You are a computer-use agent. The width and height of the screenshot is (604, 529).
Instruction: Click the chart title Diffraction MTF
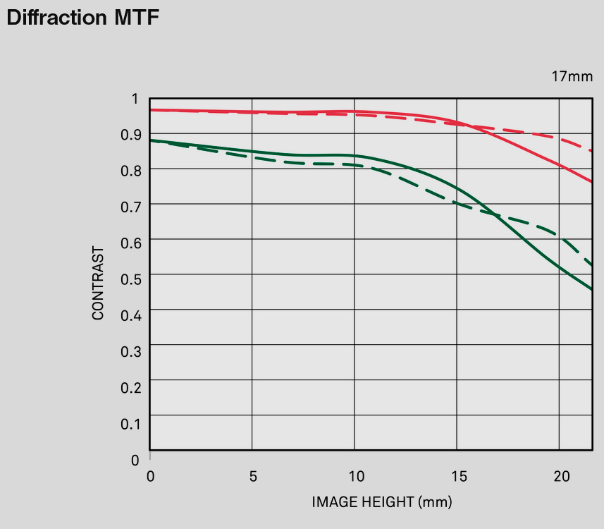pyautogui.click(x=83, y=18)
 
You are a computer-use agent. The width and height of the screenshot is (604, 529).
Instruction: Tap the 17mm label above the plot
pyautogui.click(x=572, y=76)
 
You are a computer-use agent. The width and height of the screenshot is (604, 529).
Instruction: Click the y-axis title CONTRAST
pyautogui.click(x=98, y=283)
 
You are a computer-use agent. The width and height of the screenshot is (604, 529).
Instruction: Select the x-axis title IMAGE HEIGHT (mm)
pyautogui.click(x=382, y=502)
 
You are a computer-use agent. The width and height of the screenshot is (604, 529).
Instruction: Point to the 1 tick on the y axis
pyautogui.click(x=135, y=99)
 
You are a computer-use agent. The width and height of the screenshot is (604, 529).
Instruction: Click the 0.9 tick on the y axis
pyautogui.click(x=131, y=134)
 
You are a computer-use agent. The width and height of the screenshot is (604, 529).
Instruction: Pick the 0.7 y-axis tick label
pyautogui.click(x=131, y=206)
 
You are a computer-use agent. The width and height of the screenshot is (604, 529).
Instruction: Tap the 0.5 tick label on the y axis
pyautogui.click(x=131, y=279)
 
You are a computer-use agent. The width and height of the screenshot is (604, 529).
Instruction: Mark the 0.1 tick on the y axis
pyautogui.click(x=131, y=423)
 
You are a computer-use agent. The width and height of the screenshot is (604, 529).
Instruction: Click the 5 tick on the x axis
pyautogui.click(x=253, y=476)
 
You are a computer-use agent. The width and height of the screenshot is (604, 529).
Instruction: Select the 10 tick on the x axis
pyautogui.click(x=355, y=476)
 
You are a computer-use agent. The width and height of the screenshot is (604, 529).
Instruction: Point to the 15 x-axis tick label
pyautogui.click(x=458, y=476)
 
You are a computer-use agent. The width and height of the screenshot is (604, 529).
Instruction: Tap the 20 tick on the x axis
pyautogui.click(x=560, y=476)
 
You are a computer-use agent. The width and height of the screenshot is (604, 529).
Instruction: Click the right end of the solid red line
pyautogui.click(x=591, y=181)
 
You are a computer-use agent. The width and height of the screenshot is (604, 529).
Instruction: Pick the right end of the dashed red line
pyautogui.click(x=591, y=150)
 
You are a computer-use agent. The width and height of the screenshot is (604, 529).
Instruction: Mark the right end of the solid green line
pyautogui.click(x=591, y=288)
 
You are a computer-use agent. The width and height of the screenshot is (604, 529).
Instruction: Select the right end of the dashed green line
pyautogui.click(x=591, y=264)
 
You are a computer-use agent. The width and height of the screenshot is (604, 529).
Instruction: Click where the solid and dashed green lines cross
pyautogui.click(x=489, y=212)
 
